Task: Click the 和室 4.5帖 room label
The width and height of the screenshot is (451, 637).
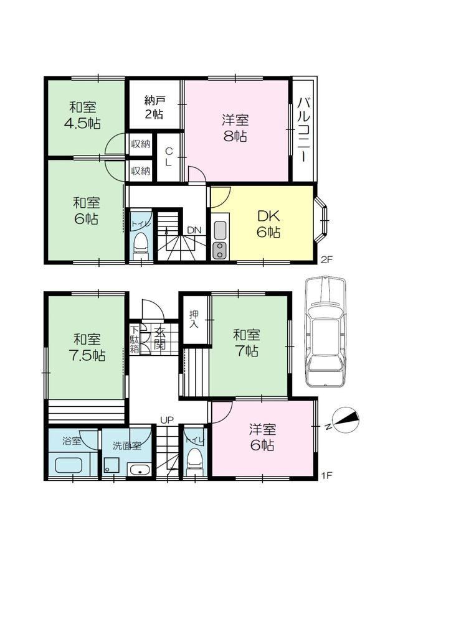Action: (x=83, y=115)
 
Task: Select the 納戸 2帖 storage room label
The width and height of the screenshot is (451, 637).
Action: (x=154, y=107)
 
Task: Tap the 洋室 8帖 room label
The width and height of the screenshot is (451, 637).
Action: (x=235, y=128)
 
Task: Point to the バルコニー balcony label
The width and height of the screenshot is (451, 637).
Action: (x=305, y=129)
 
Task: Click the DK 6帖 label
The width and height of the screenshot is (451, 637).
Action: (x=268, y=224)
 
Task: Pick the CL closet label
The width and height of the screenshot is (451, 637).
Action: (x=169, y=156)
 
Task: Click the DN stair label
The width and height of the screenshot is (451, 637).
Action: (x=194, y=230)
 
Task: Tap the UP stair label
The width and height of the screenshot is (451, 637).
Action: (x=166, y=420)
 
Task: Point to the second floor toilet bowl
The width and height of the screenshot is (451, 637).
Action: (x=141, y=243)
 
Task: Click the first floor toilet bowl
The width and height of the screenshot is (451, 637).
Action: (x=194, y=458)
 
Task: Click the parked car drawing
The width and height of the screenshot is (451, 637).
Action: (x=325, y=332)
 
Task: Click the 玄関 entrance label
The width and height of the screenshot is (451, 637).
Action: (x=159, y=338)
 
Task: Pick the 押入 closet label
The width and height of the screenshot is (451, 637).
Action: (x=194, y=320)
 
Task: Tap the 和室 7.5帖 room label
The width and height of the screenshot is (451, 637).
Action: (x=87, y=347)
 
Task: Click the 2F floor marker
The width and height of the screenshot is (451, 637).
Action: (x=327, y=260)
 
